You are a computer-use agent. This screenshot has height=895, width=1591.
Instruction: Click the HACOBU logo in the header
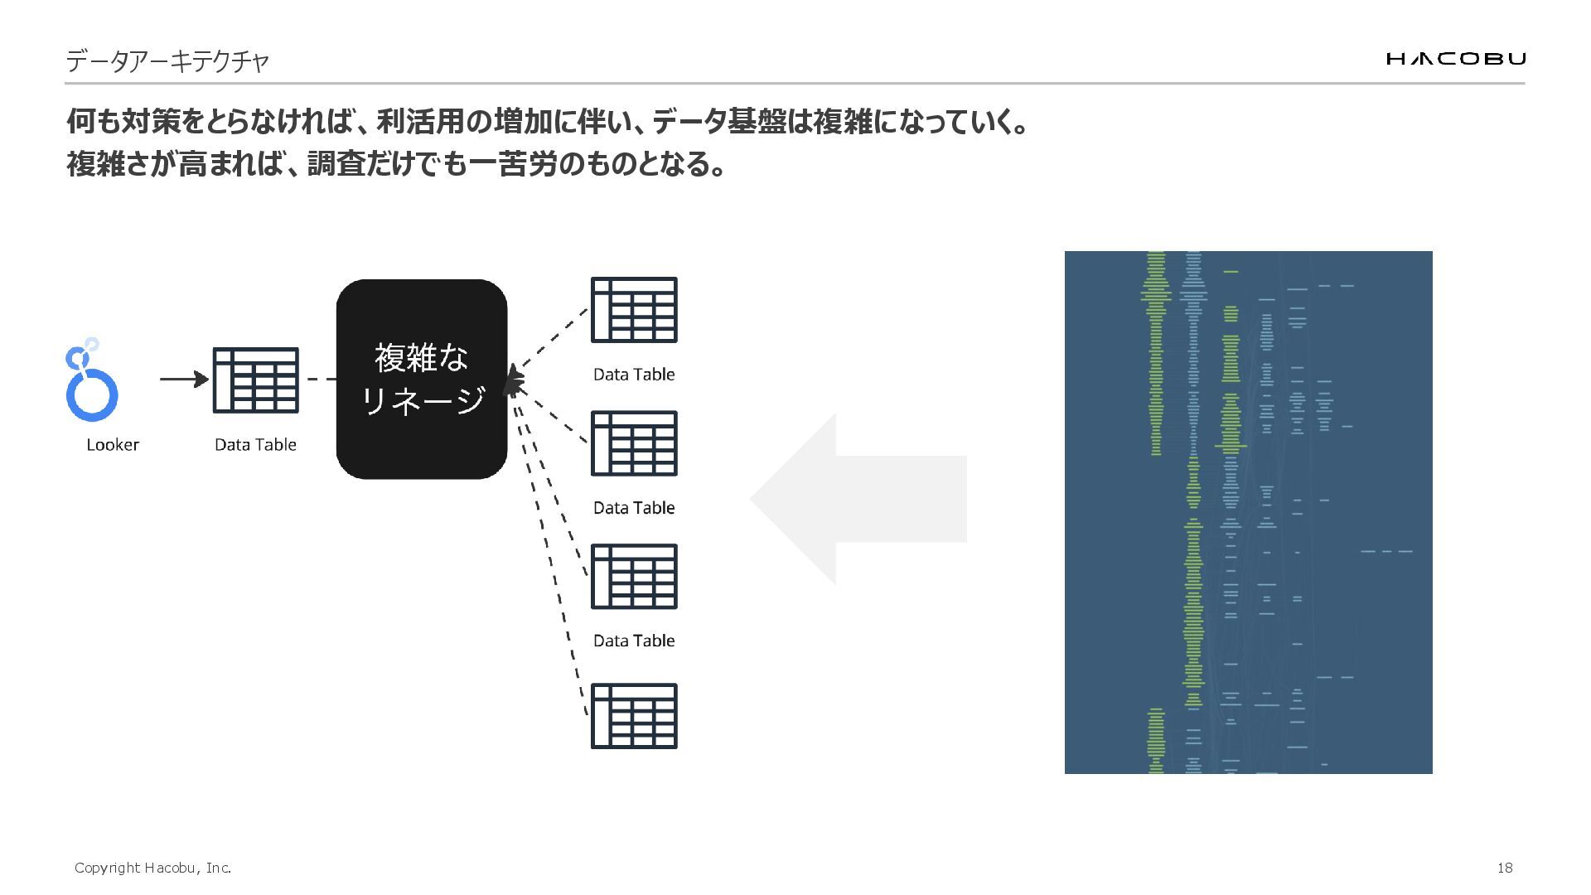pyautogui.click(x=1455, y=58)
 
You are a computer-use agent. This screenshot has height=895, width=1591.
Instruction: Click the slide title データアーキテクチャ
pyautogui.click(x=167, y=61)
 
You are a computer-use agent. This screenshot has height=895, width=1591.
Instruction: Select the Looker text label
pyautogui.click(x=113, y=445)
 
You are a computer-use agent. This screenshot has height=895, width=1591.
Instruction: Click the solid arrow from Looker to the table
pyautogui.click(x=184, y=380)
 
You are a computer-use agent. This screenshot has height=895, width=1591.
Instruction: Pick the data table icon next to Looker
pyautogui.click(x=255, y=380)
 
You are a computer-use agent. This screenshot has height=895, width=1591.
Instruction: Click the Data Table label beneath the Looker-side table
pyautogui.click(x=255, y=445)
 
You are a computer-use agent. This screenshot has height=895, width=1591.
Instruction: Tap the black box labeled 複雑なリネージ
pyautogui.click(x=421, y=380)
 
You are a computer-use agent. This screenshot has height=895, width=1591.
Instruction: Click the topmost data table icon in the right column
pyautogui.click(x=634, y=310)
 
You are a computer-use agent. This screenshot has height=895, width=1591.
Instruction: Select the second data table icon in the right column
pyautogui.click(x=634, y=443)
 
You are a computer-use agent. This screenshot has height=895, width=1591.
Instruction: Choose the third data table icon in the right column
pyautogui.click(x=634, y=577)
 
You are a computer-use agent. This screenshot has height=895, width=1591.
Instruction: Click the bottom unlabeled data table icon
pyautogui.click(x=634, y=716)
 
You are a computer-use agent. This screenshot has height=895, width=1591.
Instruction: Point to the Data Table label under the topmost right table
pyautogui.click(x=634, y=375)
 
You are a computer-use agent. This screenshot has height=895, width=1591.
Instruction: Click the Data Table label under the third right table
pyautogui.click(x=634, y=641)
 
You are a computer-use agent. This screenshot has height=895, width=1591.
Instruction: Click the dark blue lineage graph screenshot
pyautogui.click(x=1248, y=512)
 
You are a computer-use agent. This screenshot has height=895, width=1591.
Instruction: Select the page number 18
pyautogui.click(x=1505, y=868)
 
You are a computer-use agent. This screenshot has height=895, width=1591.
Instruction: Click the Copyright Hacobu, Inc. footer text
pyautogui.click(x=152, y=868)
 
